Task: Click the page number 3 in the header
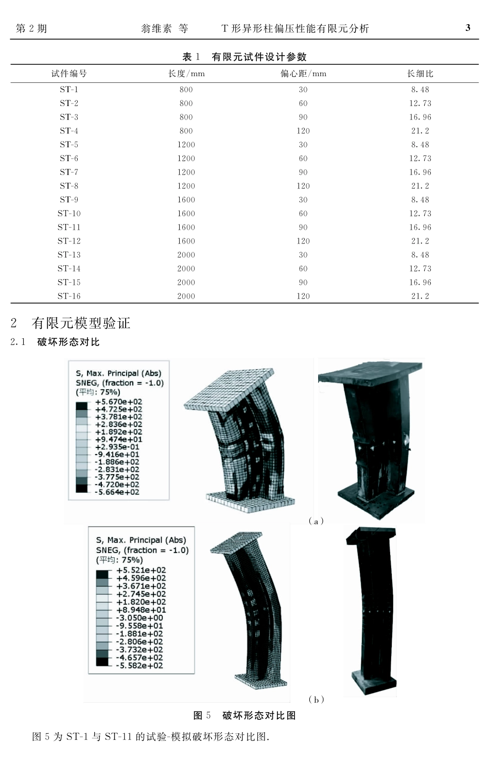click(467, 28)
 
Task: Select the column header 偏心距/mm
click(303, 74)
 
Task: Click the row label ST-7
click(69, 172)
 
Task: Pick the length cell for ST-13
click(186, 255)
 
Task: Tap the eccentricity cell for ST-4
click(303, 131)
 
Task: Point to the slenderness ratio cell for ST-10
click(420, 214)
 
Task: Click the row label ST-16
click(69, 296)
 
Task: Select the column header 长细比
click(420, 74)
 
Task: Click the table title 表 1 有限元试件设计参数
click(244, 57)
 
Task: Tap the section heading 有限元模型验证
click(81, 323)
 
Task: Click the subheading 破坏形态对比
click(68, 342)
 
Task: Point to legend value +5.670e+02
click(118, 402)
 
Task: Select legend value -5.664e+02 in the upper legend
click(117, 492)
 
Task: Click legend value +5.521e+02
click(141, 570)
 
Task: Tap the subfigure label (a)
click(316, 521)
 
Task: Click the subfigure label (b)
click(316, 699)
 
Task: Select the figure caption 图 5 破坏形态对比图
click(244, 715)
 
